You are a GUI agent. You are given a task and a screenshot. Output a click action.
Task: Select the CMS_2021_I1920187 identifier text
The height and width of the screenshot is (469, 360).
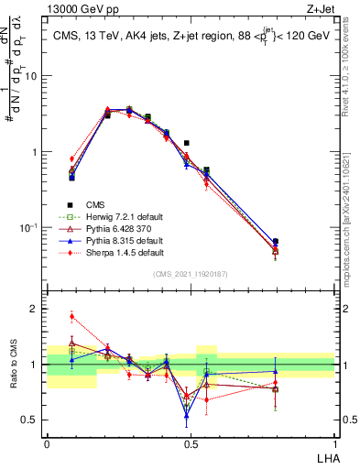(x=190, y=274)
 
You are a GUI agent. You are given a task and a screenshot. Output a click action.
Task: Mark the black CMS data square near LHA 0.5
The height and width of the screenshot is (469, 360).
(x=187, y=143)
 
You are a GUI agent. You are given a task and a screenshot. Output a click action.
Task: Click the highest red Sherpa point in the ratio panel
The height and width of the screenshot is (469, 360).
(x=71, y=317)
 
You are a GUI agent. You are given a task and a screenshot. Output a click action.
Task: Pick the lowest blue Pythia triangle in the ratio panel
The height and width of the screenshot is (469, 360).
(x=187, y=415)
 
